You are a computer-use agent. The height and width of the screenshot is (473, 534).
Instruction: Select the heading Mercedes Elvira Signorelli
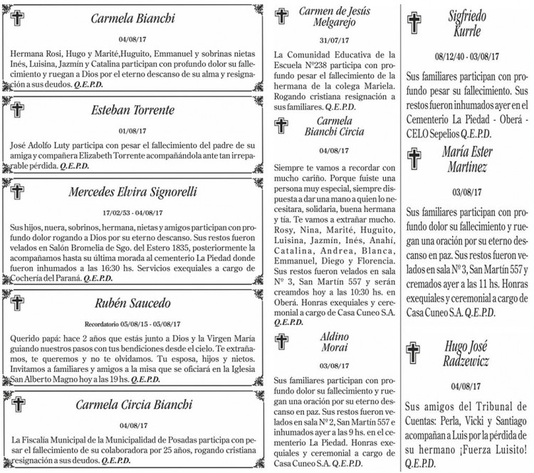click(x=132, y=192)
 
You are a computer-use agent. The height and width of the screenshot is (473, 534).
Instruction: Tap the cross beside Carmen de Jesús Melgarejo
click(x=283, y=17)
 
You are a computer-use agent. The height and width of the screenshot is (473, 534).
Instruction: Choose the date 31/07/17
click(x=333, y=40)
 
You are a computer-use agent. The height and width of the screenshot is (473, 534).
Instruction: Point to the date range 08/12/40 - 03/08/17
click(x=467, y=55)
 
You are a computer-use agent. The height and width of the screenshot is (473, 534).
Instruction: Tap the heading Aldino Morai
click(x=333, y=341)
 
